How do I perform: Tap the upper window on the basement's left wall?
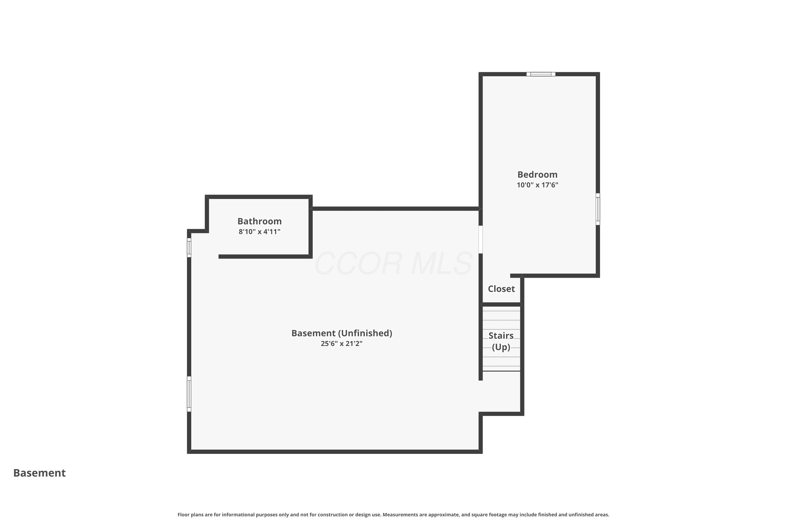[189, 248]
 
